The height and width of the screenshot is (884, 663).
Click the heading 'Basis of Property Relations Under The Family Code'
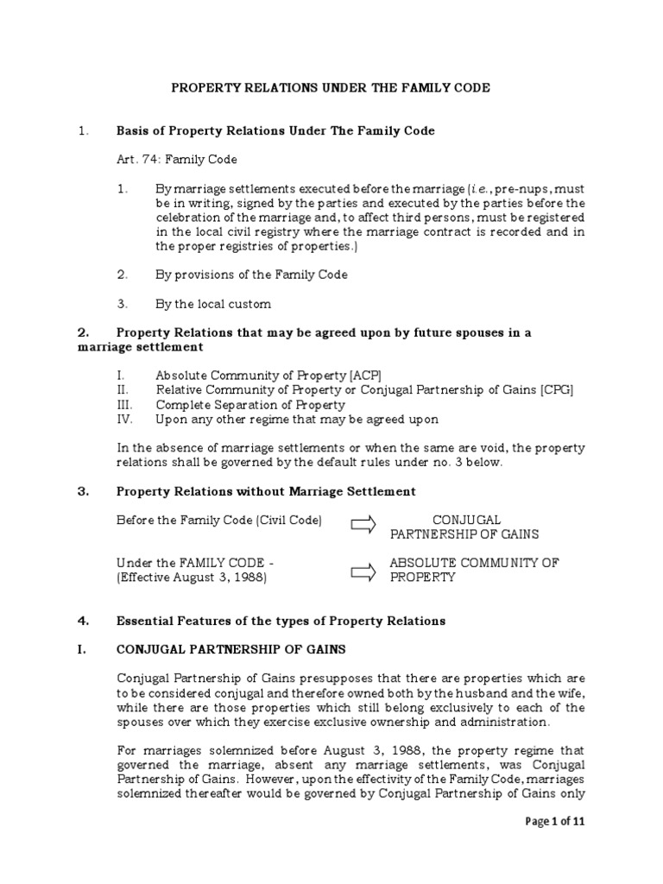pos(275,131)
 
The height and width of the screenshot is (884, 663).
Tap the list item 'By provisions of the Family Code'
pos(251,275)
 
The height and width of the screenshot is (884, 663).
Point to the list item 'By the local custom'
pos(212,304)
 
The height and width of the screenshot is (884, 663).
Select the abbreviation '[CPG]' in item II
pos(556,390)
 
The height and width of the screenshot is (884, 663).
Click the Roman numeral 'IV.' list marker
pos(126,420)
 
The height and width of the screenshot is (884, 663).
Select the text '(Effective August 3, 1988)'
pos(192,578)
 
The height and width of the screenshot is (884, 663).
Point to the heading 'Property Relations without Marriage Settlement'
pos(266,491)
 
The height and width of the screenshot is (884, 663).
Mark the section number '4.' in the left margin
pos(83,621)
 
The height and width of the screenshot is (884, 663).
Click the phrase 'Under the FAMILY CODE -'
pos(195,563)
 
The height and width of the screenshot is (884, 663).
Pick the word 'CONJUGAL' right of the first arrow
pos(466,520)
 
